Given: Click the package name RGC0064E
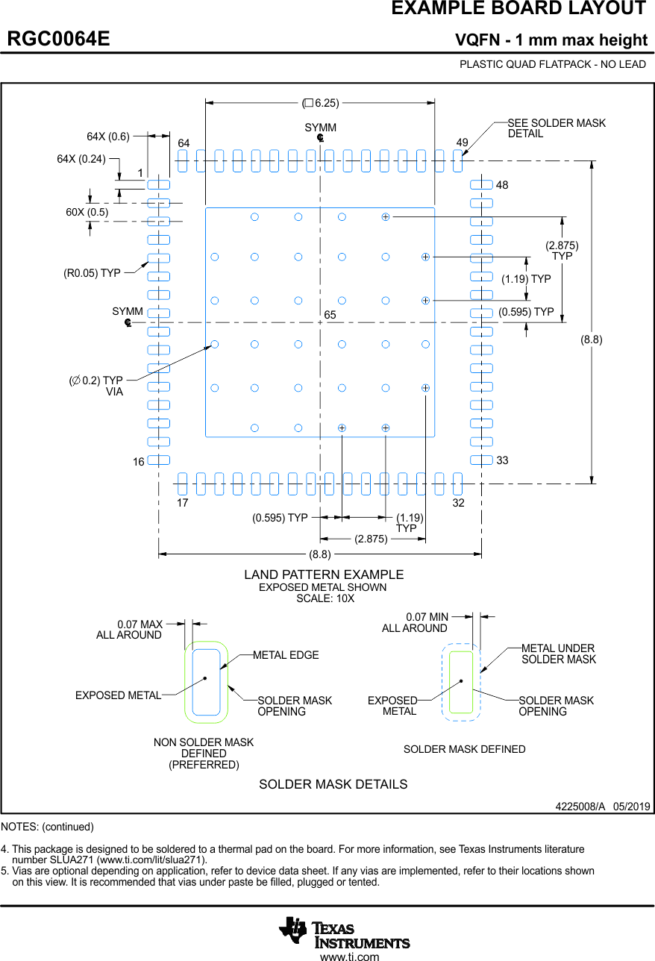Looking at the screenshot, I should [x=58, y=40].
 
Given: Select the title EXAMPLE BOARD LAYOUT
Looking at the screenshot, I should [x=518, y=9].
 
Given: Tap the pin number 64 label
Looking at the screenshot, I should [x=184, y=143].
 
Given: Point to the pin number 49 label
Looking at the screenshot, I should [x=462, y=143].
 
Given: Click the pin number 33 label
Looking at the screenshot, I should [x=502, y=460].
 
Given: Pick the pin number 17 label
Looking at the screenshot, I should [x=183, y=503].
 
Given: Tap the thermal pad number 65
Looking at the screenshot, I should [x=330, y=316].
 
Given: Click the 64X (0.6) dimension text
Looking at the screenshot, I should [x=108, y=137].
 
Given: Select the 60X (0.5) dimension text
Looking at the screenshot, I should [x=87, y=212].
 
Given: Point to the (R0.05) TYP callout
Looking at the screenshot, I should [x=92, y=273].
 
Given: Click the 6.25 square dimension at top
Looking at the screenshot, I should [x=321, y=103].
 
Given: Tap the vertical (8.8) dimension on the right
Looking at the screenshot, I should [x=592, y=339].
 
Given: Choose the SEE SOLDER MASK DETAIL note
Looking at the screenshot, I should [x=557, y=128].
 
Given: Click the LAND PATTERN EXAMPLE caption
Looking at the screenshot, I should [x=324, y=575].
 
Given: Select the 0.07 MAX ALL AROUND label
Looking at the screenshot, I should [x=129, y=630].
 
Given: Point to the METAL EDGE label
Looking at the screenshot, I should [x=286, y=655].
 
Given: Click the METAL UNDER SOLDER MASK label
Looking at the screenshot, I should [x=558, y=654].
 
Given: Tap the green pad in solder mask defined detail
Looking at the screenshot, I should [x=461, y=682].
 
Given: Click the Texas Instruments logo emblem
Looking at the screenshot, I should [x=293, y=930].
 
